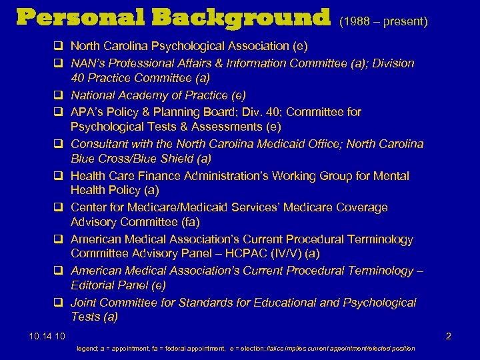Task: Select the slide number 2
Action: point(448,336)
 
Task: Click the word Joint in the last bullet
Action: point(85,303)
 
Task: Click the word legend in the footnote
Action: point(87,348)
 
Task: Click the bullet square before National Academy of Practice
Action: point(59,95)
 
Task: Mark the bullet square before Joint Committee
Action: point(59,303)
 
